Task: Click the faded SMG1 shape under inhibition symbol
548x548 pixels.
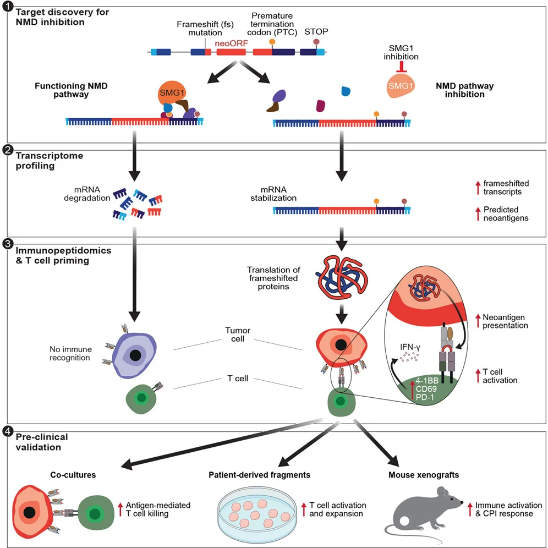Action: click(x=400, y=85)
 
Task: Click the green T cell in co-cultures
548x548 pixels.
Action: click(x=95, y=514)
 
